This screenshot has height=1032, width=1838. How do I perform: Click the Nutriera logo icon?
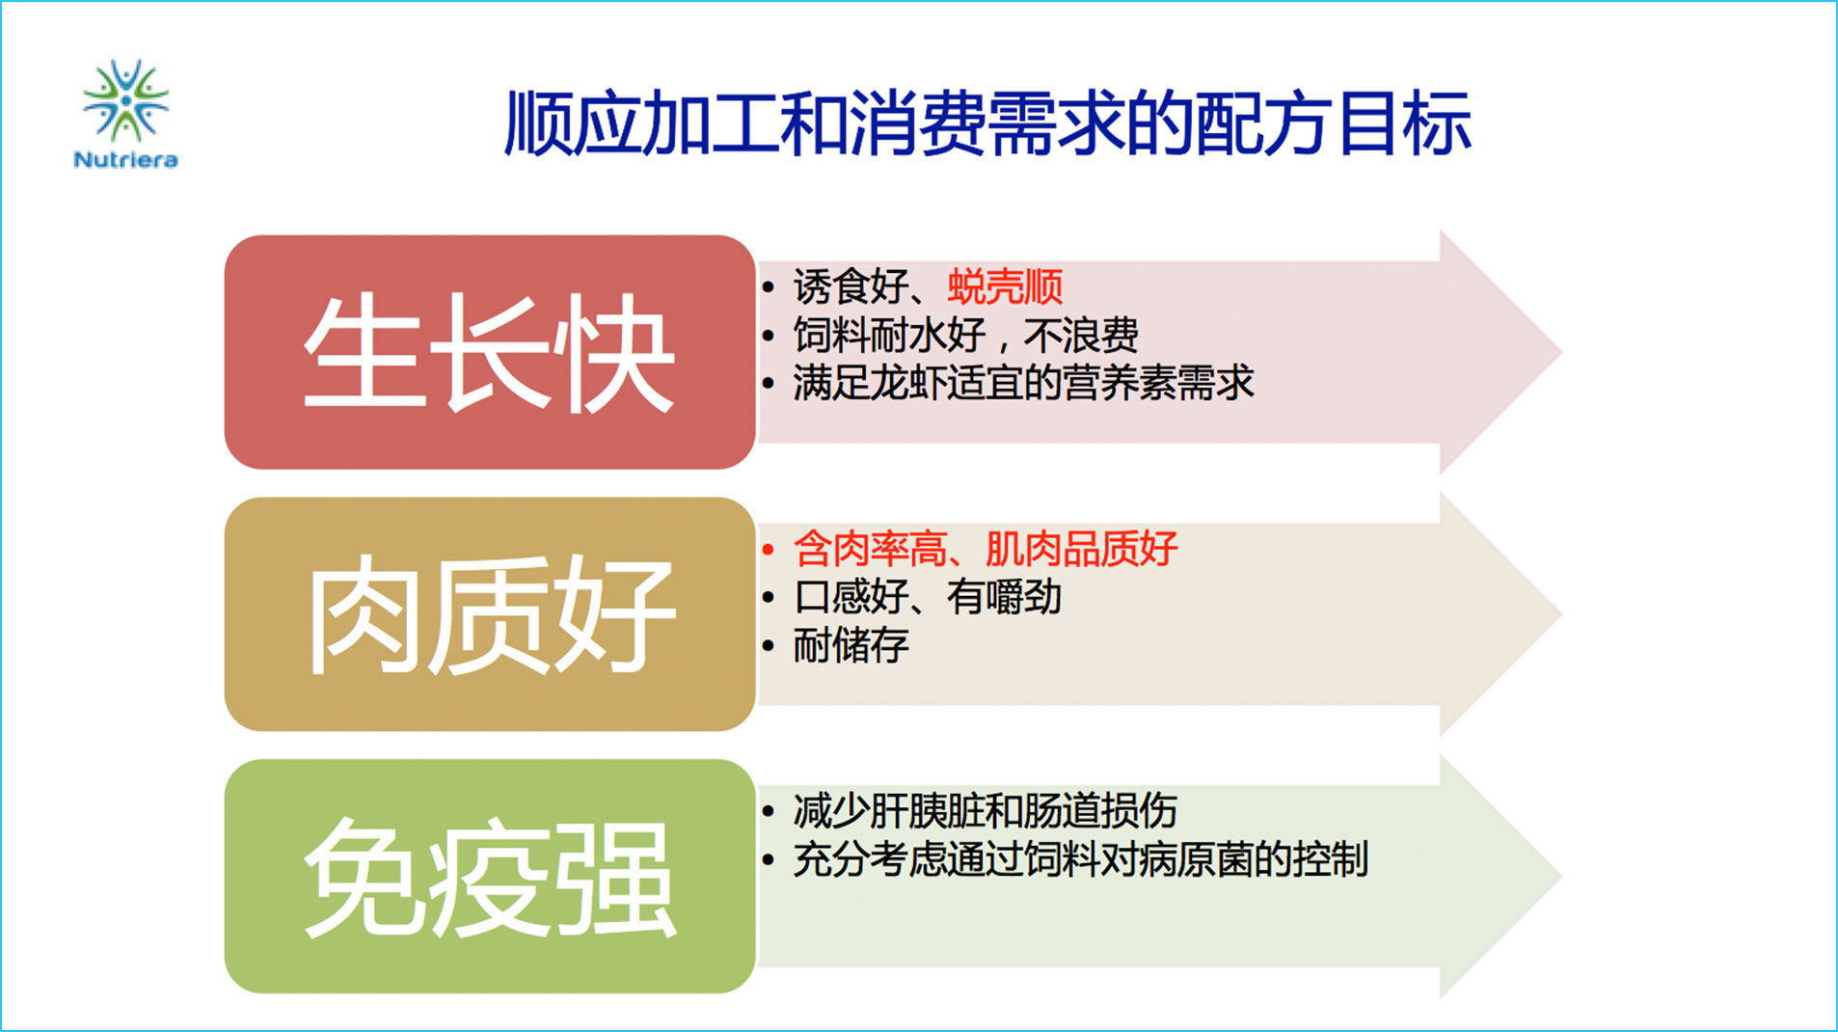pos(125,100)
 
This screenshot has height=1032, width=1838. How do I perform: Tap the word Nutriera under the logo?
pos(125,160)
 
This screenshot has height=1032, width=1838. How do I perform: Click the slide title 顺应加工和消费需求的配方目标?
pos(987,123)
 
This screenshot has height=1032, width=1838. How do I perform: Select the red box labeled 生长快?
pos(490,352)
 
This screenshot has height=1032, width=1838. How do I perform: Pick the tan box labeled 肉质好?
pos(490,613)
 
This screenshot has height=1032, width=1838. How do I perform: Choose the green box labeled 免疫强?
pos(490,876)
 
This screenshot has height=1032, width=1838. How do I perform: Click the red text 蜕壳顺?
pos(1005,286)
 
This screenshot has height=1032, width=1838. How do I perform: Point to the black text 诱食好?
pos(851,286)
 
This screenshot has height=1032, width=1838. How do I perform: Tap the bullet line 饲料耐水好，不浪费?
pos(965,336)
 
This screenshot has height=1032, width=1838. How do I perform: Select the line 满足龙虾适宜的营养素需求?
pos(1023,383)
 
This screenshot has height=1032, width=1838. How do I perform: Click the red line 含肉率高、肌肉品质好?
pos(985,549)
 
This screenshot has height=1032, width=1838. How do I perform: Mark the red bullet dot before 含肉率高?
pos(768,550)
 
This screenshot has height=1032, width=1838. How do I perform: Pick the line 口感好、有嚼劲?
pos(927,597)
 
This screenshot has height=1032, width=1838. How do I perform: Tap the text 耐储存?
pos(851,645)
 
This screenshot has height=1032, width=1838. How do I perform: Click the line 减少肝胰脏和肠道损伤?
pos(985,811)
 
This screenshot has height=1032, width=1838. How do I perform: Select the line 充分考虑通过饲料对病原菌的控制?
pos(1080,859)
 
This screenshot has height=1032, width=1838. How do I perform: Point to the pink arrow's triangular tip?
pos(1560,352)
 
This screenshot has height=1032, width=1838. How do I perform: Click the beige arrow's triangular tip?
pos(1560,613)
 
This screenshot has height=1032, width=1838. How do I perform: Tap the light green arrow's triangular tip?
pos(1560,876)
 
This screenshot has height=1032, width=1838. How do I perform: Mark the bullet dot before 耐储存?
pos(768,646)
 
